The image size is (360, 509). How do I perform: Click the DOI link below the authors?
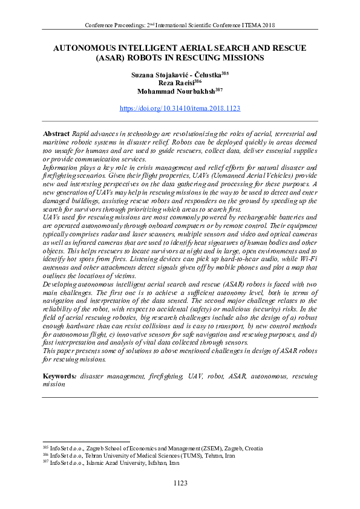click(180, 109)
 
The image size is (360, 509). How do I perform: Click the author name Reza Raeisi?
click(175, 82)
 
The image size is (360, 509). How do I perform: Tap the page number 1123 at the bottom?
click(180, 483)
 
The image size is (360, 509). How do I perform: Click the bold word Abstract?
click(56, 132)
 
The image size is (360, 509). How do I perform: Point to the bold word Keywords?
click(59, 376)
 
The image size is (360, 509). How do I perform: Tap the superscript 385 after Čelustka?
click(224, 71)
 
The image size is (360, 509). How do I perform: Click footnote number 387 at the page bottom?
click(45, 462)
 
